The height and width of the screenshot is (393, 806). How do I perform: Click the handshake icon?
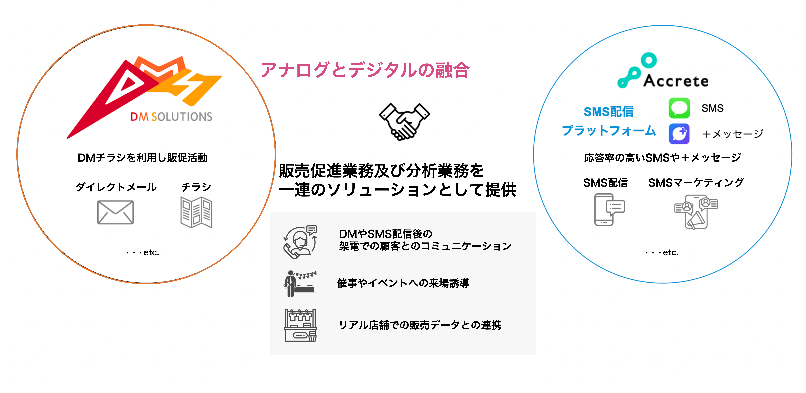pos(404,122)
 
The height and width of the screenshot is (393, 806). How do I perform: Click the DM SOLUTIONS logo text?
pos(171,117)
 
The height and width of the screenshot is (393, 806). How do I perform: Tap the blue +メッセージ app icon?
pos(679,134)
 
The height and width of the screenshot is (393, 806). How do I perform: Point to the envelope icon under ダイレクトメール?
pos(115,212)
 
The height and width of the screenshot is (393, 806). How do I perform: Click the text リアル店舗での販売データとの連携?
pos(420,325)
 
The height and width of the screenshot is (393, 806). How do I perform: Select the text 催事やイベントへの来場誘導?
pos(403,283)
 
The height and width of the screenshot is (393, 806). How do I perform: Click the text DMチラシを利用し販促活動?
pos(142,158)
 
